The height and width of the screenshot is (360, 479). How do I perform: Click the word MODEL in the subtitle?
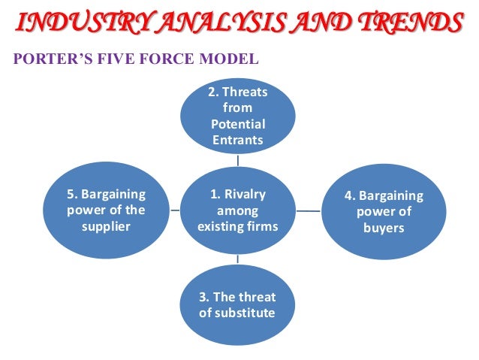pyautogui.click(x=229, y=58)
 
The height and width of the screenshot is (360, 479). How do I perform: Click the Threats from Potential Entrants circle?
pyautogui.click(x=237, y=116)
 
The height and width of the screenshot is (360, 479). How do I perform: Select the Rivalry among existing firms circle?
pyautogui.click(x=237, y=210)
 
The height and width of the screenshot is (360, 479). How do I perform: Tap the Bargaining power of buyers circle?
pyautogui.click(x=384, y=212)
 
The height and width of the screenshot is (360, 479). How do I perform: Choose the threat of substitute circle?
pyautogui.click(x=237, y=304)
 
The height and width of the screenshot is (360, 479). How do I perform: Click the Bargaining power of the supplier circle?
pyautogui.click(x=106, y=210)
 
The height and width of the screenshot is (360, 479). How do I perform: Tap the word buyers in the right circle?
pyautogui.click(x=384, y=228)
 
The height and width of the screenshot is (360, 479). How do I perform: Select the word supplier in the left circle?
pyautogui.click(x=106, y=226)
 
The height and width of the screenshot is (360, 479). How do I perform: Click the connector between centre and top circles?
pyautogui.click(x=237, y=161)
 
